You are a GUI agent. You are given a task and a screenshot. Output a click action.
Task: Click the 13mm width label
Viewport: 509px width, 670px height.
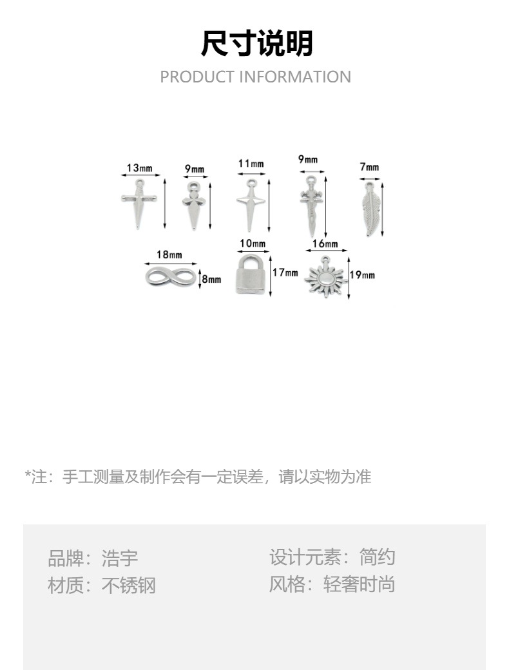pyautogui.click(x=139, y=168)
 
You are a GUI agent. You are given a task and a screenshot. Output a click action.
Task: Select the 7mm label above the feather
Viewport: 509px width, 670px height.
pyautogui.click(x=369, y=167)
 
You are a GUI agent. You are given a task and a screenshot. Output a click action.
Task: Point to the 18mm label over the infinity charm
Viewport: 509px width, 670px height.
pyautogui.click(x=169, y=255)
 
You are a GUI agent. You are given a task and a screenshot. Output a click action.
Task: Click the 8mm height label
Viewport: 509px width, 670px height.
pyautogui.click(x=211, y=279)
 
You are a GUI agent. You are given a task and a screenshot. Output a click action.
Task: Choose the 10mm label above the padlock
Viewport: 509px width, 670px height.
pyautogui.click(x=253, y=244)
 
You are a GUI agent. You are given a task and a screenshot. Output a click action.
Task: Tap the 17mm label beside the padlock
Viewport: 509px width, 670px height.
pyautogui.click(x=285, y=273)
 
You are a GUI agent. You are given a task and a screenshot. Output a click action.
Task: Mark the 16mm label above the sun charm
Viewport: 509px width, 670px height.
pyautogui.click(x=325, y=244)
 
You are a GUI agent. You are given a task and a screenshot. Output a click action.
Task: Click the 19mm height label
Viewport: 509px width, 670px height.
pyautogui.click(x=362, y=275)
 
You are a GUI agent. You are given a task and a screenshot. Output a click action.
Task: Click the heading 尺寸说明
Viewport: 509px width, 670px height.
pyautogui.click(x=256, y=44)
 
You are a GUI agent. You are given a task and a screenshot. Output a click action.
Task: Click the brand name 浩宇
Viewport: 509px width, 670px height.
pyautogui.click(x=120, y=558)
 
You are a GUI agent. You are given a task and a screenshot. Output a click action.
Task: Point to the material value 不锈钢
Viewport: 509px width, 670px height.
pyautogui.click(x=129, y=585)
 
